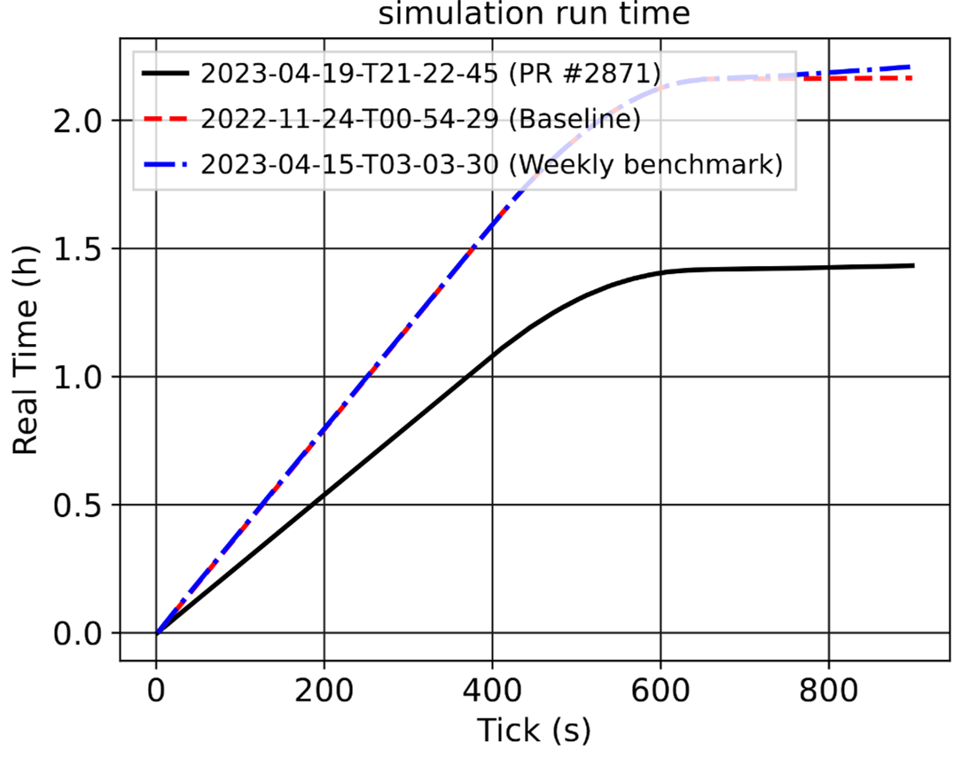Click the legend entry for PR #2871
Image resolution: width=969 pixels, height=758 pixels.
click(x=430, y=74)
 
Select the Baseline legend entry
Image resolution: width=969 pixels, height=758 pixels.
click(x=421, y=120)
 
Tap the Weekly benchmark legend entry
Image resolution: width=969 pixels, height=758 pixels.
click(x=492, y=166)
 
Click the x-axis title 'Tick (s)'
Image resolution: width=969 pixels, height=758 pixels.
click(x=534, y=730)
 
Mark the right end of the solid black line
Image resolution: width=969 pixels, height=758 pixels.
click(x=912, y=265)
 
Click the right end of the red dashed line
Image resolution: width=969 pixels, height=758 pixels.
click(x=912, y=79)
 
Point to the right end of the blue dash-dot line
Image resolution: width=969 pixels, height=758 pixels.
click(x=912, y=66)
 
